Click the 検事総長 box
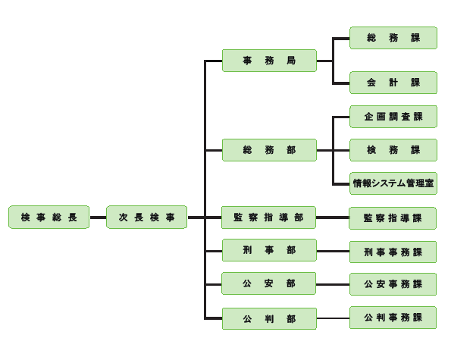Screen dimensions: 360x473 (x=49, y=218)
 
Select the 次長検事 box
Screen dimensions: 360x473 (x=146, y=218)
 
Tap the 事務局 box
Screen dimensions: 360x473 (x=269, y=61)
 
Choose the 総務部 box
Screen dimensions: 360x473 (x=269, y=150)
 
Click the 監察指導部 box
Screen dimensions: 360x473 (x=268, y=218)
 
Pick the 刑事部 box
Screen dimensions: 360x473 (x=269, y=250)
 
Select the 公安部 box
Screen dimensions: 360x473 (x=268, y=283)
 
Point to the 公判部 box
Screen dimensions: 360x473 (x=269, y=318)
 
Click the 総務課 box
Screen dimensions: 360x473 (x=393, y=38)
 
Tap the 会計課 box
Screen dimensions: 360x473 (x=393, y=83)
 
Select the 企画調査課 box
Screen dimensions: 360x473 (x=393, y=117)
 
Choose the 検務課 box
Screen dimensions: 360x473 (x=393, y=150)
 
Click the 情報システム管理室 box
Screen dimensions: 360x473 (x=393, y=183)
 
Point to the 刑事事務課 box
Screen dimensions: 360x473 (x=393, y=252)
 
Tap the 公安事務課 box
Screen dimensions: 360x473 (x=393, y=284)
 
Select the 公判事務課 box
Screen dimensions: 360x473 (x=393, y=318)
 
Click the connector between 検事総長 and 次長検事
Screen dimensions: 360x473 (x=98, y=218)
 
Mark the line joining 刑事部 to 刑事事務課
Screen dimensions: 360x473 (x=333, y=251)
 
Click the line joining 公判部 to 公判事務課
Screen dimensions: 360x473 (x=333, y=318)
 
